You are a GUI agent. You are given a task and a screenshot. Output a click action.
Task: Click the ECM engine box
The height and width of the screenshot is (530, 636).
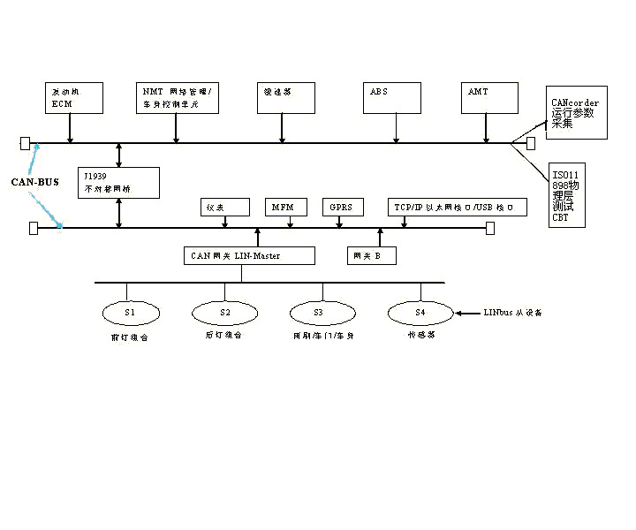(x=74, y=98)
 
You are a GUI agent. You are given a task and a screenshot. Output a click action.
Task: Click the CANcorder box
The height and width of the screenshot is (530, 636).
(x=577, y=113)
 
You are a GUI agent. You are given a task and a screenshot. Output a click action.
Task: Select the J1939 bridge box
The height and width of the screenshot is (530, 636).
(x=118, y=182)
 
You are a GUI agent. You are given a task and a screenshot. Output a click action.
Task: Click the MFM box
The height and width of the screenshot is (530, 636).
(x=285, y=208)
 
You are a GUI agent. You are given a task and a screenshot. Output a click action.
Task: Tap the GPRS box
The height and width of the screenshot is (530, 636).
(x=342, y=208)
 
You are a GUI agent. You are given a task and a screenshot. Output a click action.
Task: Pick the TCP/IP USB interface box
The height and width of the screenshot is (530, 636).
(x=458, y=208)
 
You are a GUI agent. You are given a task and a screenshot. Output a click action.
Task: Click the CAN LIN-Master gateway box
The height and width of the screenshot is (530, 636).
(x=249, y=255)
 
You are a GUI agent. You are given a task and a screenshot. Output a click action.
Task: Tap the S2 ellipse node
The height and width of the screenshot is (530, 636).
(x=224, y=312)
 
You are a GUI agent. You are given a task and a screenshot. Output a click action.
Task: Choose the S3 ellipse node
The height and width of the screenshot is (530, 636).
(x=322, y=312)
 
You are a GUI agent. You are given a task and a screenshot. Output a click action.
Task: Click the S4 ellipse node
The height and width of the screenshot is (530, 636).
(x=420, y=312)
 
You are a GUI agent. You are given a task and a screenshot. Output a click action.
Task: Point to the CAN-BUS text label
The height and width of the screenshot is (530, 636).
(x=34, y=182)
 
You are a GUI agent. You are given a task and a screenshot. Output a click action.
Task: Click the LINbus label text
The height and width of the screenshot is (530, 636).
(x=513, y=313)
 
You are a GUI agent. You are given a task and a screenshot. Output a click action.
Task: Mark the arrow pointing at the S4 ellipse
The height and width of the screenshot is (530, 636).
(x=466, y=313)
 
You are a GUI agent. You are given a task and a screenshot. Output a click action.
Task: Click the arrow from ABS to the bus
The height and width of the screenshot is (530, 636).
(x=397, y=128)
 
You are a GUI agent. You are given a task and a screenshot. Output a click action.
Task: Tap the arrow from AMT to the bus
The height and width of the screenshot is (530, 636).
(x=486, y=128)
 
